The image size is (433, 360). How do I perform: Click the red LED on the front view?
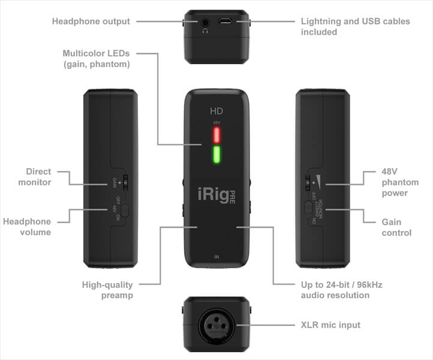pyautogui.click(x=217, y=134)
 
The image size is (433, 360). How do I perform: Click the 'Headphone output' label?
pyautogui.click(x=91, y=22)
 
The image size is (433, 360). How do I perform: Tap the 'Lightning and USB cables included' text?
pyautogui.click(x=355, y=26)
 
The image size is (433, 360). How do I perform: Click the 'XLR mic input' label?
pyautogui.click(x=330, y=325)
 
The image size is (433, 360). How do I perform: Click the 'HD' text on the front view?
pyautogui.click(x=217, y=110)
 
